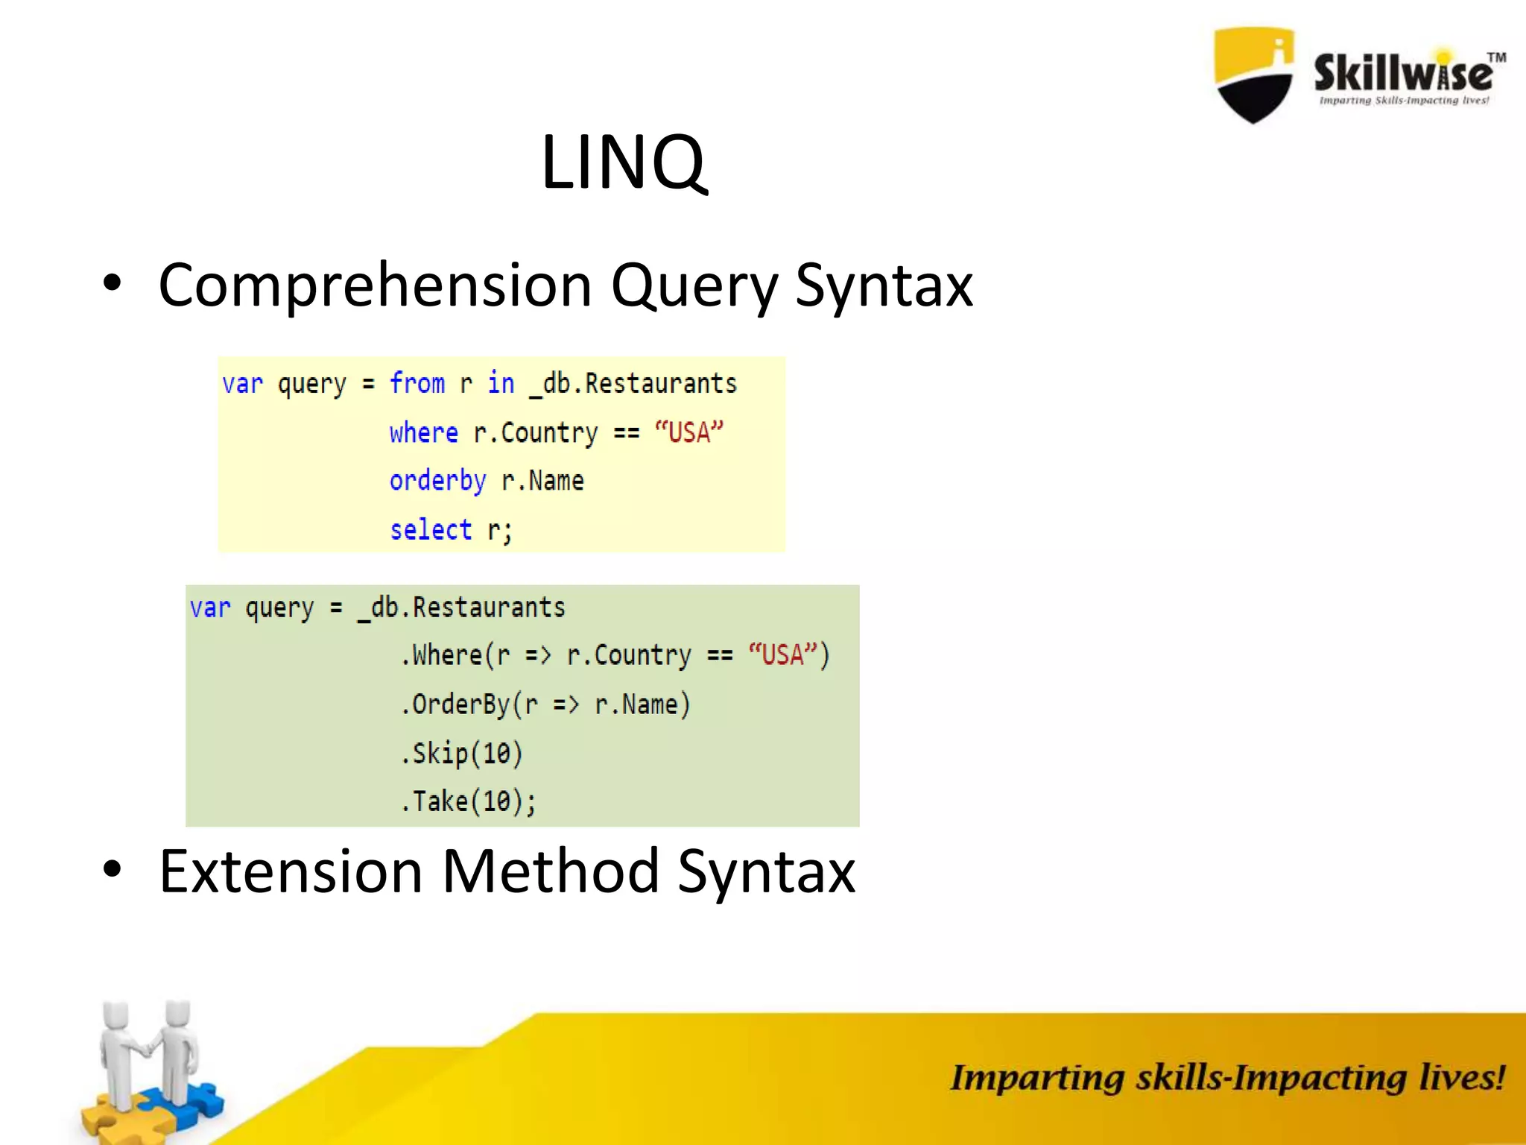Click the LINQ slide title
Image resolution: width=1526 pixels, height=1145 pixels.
[x=623, y=163]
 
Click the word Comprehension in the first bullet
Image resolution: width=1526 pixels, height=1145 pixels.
[x=375, y=286]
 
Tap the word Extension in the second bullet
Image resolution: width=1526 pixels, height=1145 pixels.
[x=291, y=871]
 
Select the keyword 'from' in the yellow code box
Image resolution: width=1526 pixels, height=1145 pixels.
[x=417, y=383]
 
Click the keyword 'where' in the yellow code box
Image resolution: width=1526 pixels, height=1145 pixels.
[x=423, y=432]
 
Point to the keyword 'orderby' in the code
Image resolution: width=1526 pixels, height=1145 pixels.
[x=437, y=481]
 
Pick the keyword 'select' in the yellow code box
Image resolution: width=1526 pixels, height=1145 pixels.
[x=431, y=530]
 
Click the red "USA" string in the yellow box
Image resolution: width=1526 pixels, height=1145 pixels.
[x=688, y=432]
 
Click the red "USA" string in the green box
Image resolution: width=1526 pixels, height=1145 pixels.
[x=782, y=654]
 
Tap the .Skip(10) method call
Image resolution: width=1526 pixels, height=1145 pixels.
[x=462, y=753]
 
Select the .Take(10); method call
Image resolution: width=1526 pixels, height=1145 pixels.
[x=468, y=801]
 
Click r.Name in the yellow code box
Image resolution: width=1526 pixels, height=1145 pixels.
[x=542, y=481]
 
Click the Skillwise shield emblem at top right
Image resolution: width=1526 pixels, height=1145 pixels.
[x=1254, y=75]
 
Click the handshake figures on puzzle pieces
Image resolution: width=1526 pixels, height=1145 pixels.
[x=149, y=1066]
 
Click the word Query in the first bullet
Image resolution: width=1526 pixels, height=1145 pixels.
[x=693, y=286]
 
